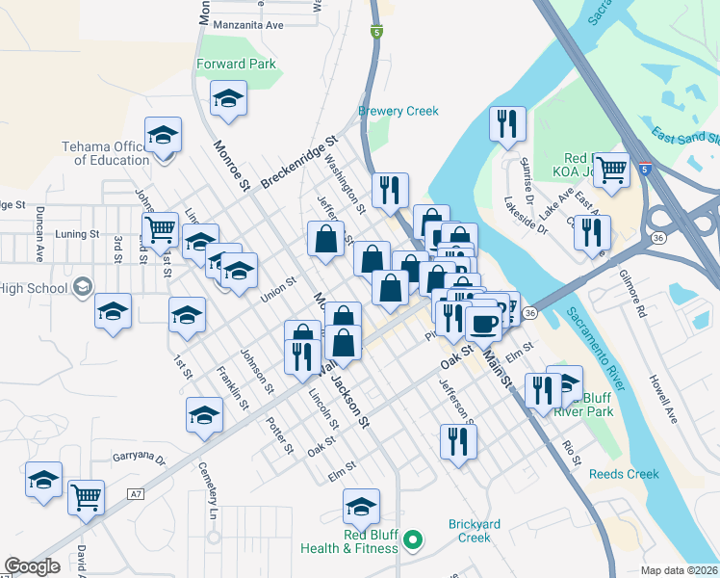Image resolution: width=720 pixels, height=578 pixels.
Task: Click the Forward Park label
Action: click(x=236, y=65)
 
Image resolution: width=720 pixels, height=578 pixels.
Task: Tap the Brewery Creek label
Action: click(x=399, y=112)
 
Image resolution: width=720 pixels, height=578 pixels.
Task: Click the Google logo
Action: click(x=32, y=566)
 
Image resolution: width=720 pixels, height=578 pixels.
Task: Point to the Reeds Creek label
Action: click(x=624, y=474)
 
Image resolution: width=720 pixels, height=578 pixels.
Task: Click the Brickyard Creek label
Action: click(x=475, y=531)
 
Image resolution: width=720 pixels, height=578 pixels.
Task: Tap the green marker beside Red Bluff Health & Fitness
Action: click(x=413, y=540)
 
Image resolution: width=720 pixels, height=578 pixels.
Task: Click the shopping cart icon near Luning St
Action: click(x=160, y=230)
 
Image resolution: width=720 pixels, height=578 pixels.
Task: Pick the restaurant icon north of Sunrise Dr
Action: click(x=506, y=123)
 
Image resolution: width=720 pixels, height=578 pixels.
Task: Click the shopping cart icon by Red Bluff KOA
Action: click(x=611, y=171)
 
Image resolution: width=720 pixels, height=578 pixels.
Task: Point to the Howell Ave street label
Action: click(x=663, y=398)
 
